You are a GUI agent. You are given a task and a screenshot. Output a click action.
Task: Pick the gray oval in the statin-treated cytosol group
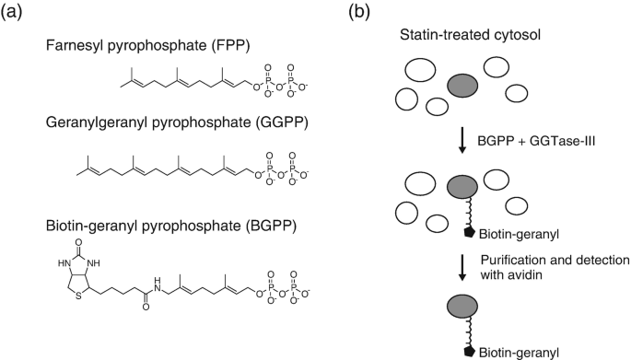(x=462, y=87)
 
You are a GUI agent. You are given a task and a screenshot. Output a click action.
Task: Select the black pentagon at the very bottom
(x=469, y=350)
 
